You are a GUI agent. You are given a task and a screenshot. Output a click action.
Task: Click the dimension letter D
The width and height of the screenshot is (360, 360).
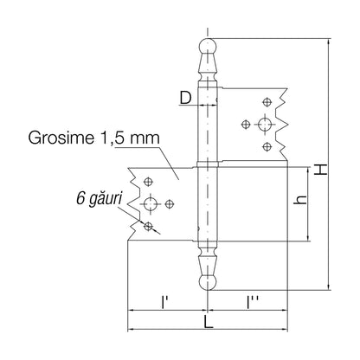185,98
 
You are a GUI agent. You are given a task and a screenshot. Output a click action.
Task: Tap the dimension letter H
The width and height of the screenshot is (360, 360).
321,170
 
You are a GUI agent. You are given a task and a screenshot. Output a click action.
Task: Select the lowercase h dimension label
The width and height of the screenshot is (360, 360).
300,200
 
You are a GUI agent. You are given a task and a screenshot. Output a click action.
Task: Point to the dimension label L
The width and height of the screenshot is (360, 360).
208,322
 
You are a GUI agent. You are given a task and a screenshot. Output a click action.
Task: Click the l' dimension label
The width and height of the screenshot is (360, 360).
164,302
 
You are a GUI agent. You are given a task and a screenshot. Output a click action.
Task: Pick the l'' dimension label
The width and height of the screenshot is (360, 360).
252,302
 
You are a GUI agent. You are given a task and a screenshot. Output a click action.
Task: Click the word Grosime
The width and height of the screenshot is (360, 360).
61,138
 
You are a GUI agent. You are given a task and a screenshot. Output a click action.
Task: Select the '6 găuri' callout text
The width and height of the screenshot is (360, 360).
99,199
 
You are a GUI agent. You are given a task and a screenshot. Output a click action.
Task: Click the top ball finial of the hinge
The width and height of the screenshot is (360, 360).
208,46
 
